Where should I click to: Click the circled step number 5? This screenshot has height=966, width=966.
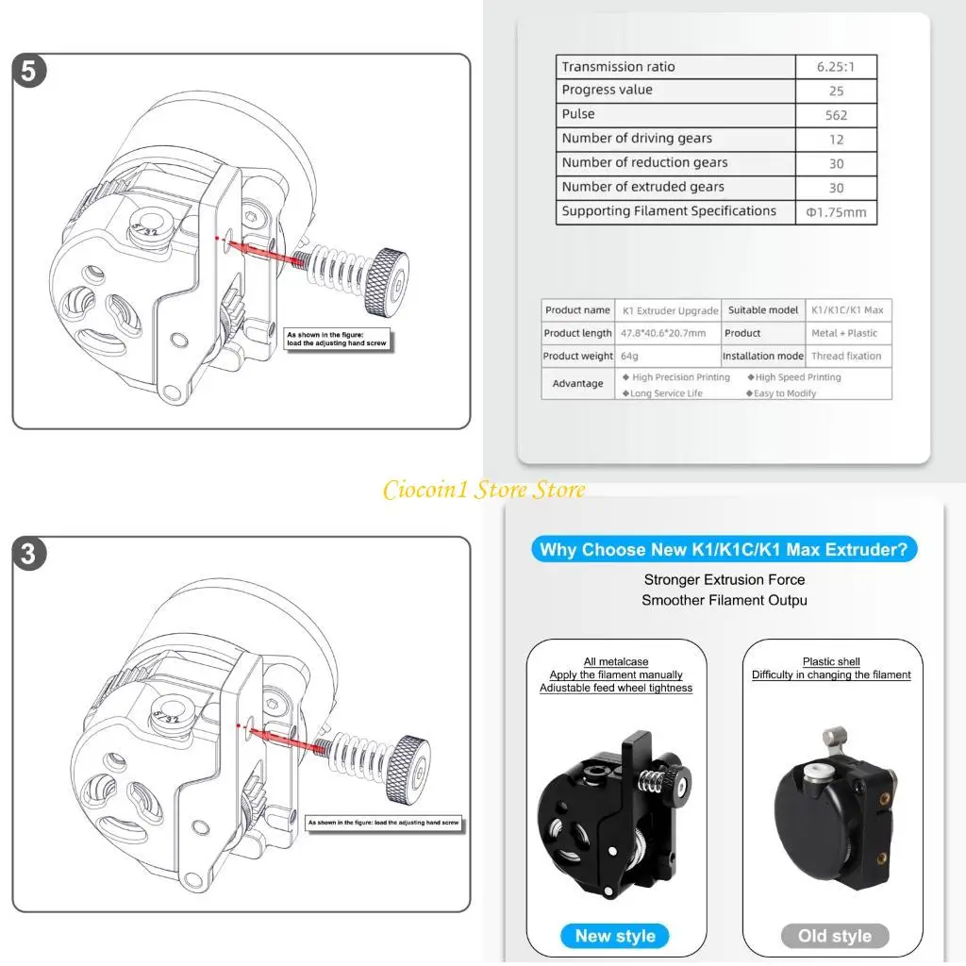29,73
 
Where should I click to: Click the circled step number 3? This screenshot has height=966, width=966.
29,554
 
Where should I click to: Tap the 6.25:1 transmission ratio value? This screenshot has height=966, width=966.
837,67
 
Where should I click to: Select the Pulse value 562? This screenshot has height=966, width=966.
836,115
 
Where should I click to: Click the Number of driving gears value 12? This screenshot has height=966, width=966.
836,140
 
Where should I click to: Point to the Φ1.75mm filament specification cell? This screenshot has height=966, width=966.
836,212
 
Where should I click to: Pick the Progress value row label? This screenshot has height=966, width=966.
608,91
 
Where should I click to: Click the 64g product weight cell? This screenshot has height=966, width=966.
630,357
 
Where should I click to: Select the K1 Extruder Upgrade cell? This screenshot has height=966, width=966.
669,310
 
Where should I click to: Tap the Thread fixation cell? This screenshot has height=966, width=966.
846,357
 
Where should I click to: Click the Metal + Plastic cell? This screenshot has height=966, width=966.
844,334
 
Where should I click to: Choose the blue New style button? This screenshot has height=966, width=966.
615,936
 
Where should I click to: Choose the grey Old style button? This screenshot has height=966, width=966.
835,936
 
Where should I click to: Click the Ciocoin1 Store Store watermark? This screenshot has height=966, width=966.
484,490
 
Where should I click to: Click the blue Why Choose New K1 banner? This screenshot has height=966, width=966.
724,550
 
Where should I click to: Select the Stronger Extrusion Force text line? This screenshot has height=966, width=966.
724,580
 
